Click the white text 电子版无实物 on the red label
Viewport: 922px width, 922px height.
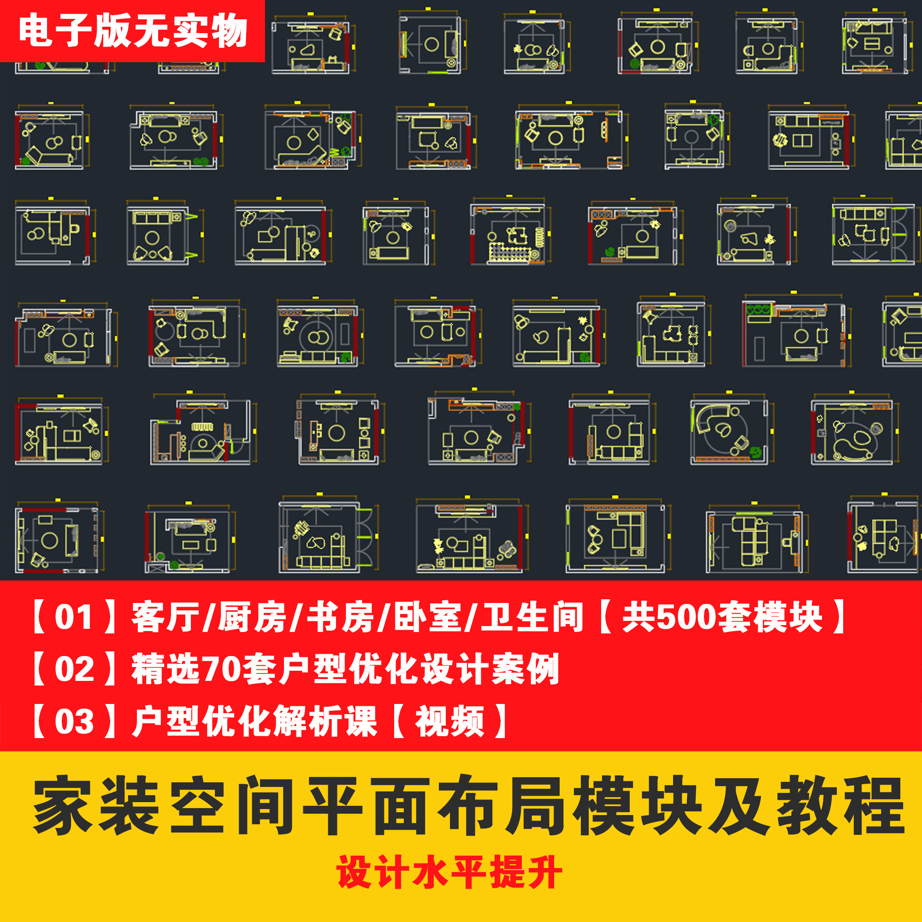click(x=133, y=31)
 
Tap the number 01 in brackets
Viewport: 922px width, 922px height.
click(x=73, y=617)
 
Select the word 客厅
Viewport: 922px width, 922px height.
click(x=165, y=617)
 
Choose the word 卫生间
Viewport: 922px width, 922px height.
click(x=532, y=617)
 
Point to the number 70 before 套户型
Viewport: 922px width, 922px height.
click(x=221, y=669)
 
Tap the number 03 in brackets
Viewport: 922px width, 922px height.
click(x=74, y=721)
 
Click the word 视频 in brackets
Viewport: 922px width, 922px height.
click(x=450, y=721)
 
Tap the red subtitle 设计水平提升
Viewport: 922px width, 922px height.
click(x=449, y=872)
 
